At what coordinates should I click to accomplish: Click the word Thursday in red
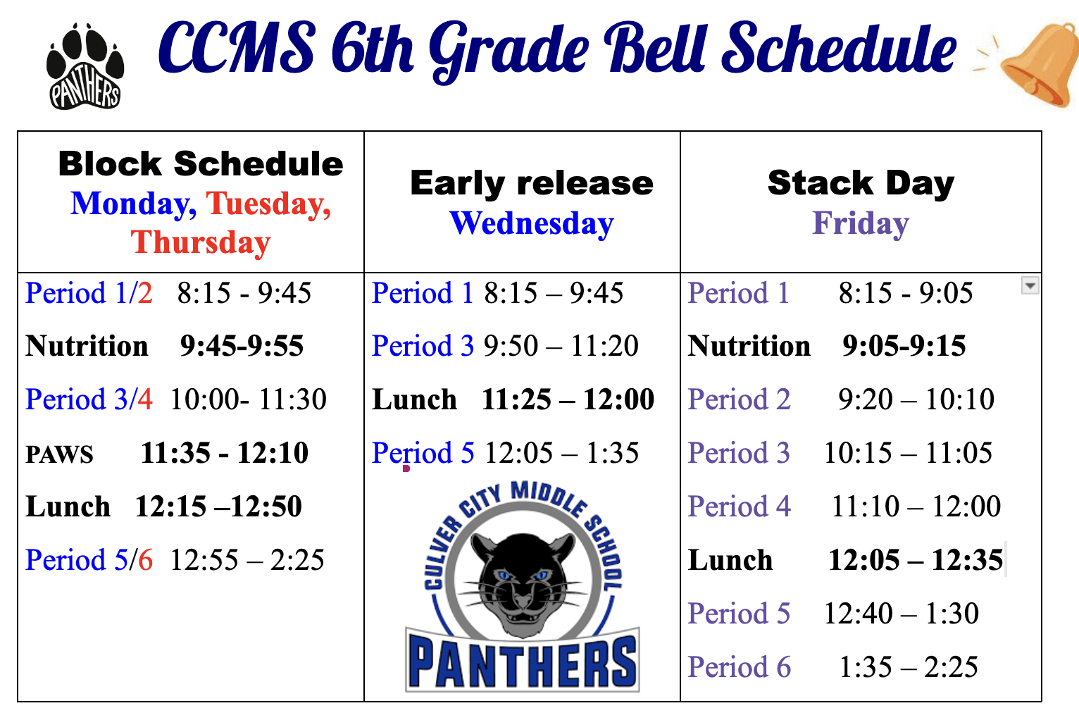201,242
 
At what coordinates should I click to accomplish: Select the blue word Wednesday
532,223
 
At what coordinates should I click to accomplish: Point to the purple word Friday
861,223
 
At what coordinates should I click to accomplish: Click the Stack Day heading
861,184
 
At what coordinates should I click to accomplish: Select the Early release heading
532,184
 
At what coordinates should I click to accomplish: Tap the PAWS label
59,454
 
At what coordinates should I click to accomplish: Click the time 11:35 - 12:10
225,453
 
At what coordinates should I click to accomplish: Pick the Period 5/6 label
89,560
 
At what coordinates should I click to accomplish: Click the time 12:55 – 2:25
248,560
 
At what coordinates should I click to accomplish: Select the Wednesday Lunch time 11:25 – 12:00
568,399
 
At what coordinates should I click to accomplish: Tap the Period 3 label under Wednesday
423,346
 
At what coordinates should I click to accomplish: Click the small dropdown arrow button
1030,285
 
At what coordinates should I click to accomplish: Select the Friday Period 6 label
739,667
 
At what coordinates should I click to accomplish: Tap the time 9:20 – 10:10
916,399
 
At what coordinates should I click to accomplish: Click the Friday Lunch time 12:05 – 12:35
915,560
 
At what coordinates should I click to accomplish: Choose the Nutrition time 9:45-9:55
242,346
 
